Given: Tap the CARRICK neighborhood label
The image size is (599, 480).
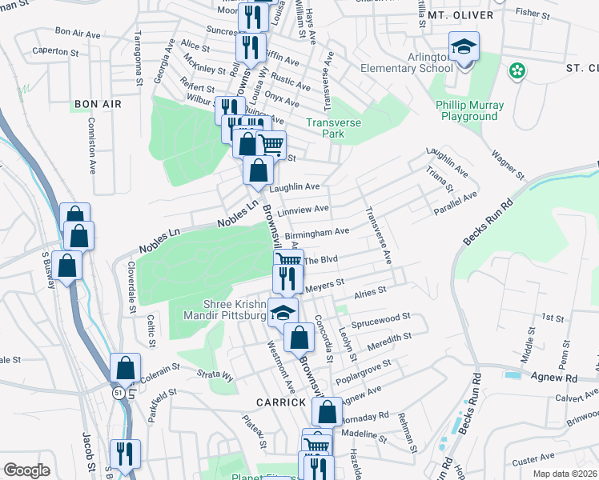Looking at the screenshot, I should pyautogui.click(x=281, y=402).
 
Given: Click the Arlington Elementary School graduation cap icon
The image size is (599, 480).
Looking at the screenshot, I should pyautogui.click(x=464, y=47).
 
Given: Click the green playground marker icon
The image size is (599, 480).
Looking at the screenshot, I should pyautogui.click(x=518, y=70).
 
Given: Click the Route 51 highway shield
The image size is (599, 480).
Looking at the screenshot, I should pyautogui.click(x=118, y=391).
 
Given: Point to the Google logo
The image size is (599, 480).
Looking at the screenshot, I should pyautogui.click(x=27, y=470).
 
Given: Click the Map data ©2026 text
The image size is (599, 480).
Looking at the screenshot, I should pyautogui.click(x=565, y=474).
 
